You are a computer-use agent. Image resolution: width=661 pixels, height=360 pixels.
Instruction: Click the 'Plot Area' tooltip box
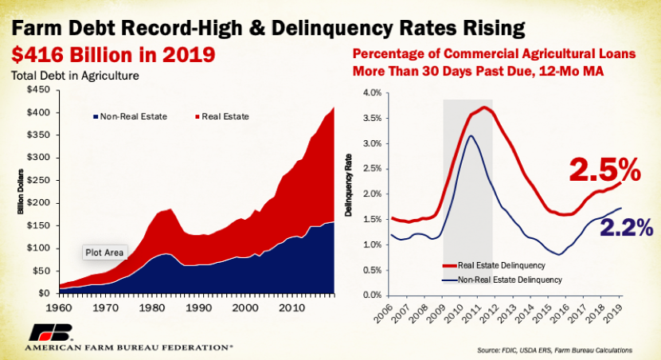pos(104,252)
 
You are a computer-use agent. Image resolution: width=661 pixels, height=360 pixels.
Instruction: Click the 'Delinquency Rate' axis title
pos(348,196)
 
